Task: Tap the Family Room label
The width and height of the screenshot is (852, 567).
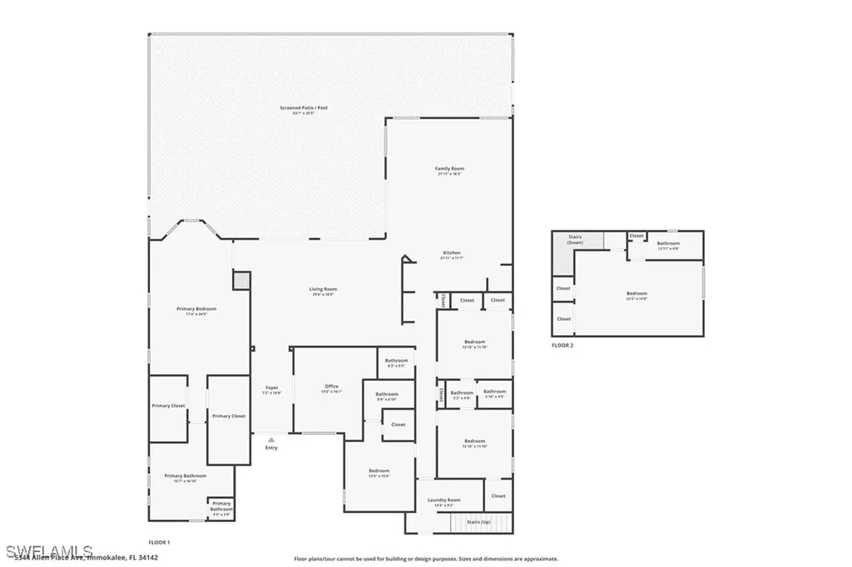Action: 449,170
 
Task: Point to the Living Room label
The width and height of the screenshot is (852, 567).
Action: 324,290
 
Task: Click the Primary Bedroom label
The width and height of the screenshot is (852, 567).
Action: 196,310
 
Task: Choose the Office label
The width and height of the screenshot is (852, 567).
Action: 331,387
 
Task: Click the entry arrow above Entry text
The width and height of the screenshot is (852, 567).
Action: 270,440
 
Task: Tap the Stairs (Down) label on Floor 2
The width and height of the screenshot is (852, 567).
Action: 575,239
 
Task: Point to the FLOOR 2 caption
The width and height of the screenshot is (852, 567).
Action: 562,345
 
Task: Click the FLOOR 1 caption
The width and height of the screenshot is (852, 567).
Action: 158,541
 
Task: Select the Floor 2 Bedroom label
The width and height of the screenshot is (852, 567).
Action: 637,294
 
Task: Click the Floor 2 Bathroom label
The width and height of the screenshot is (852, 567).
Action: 669,244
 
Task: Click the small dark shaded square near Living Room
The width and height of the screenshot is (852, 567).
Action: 241,281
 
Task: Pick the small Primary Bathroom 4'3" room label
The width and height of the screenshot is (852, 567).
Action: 220,506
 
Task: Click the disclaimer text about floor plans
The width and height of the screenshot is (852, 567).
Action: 426,560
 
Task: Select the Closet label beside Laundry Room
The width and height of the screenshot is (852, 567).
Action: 498,496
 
